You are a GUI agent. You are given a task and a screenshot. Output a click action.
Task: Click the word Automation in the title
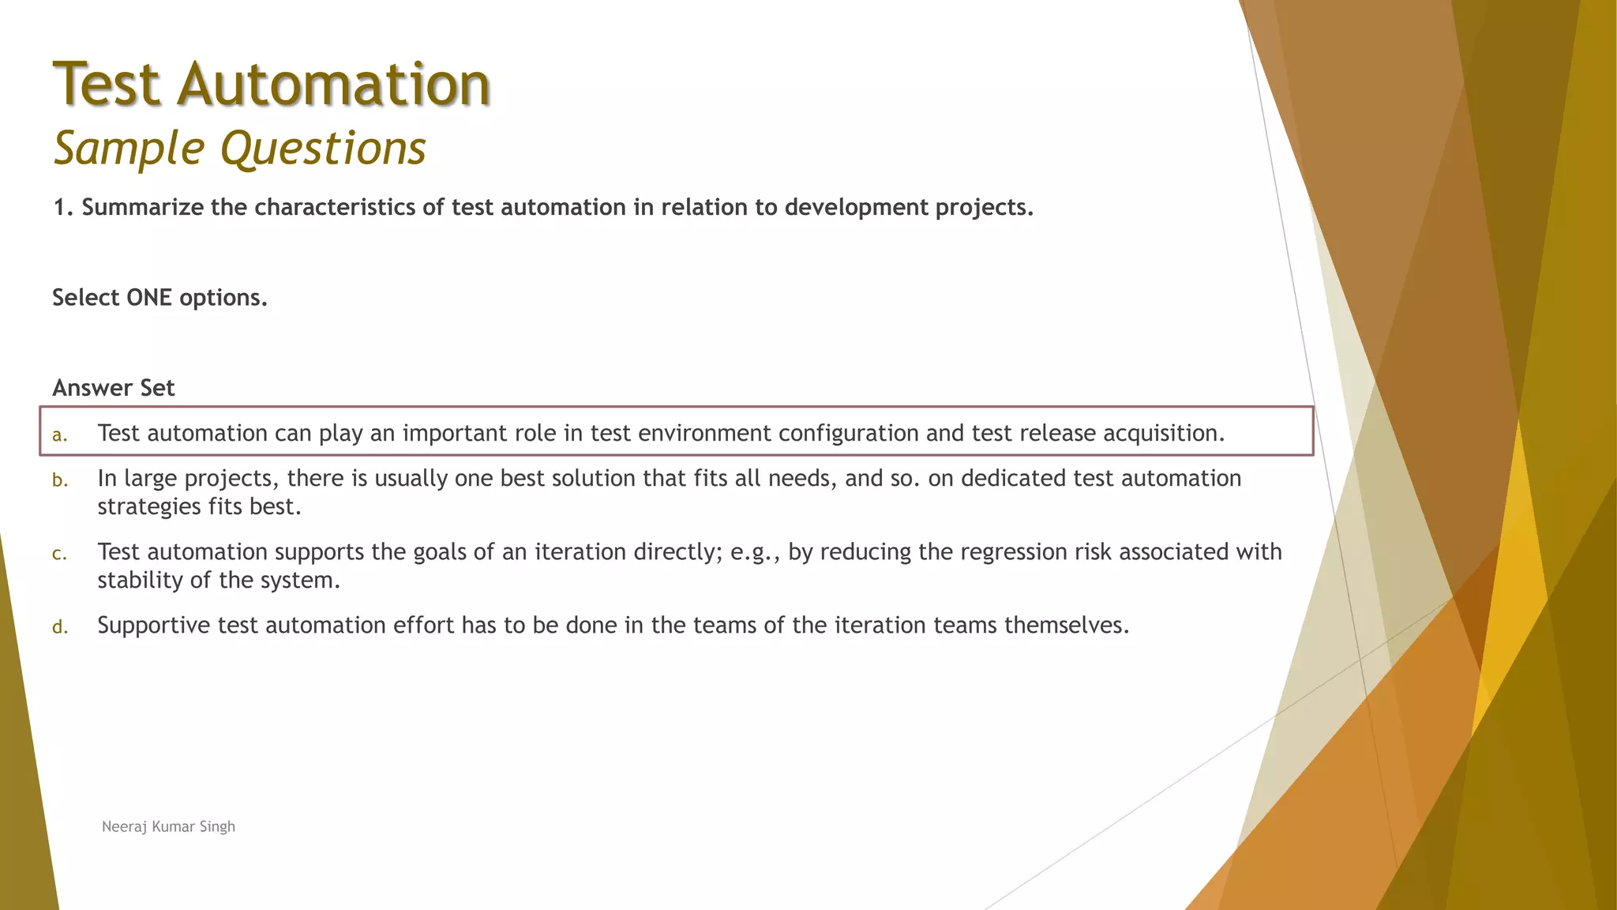(333, 84)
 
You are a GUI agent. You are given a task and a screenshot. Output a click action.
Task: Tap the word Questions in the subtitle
(323, 148)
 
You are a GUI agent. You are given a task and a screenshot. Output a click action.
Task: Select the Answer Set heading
(114, 388)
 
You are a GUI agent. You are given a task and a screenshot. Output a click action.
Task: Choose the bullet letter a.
(59, 434)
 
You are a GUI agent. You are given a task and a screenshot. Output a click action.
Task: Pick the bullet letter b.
(59, 480)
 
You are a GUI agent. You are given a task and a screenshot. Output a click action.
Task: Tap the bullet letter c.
(59, 554)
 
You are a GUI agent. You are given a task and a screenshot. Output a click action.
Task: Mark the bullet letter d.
(59, 627)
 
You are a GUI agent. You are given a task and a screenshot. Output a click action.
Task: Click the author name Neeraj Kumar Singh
(168, 826)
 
